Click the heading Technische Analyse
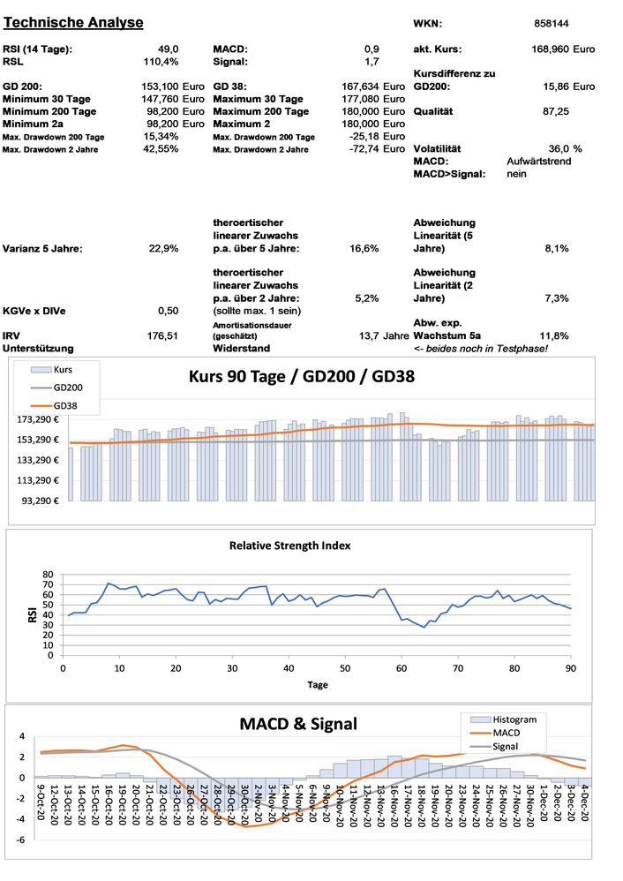coord(73,21)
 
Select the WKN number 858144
coord(552,24)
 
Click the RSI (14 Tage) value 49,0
coord(169,49)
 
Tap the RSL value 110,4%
coord(161,62)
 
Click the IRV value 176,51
coord(162,335)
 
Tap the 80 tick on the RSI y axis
coord(49,575)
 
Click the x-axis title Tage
coord(317,684)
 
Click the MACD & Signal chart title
coord(298,725)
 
